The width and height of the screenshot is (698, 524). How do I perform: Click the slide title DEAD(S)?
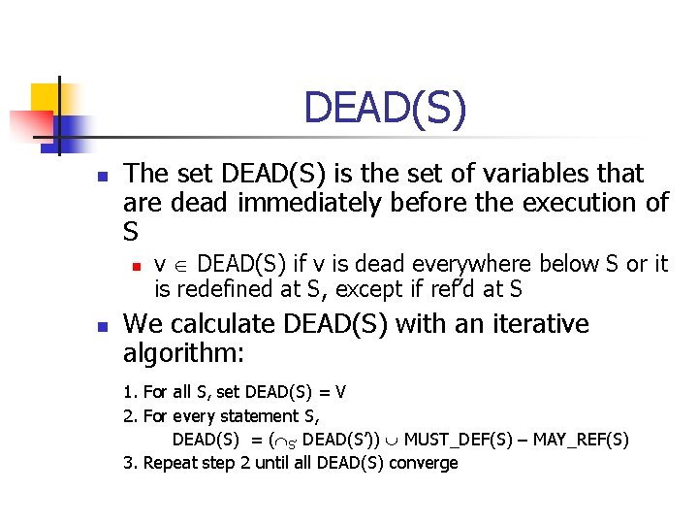coord(385,108)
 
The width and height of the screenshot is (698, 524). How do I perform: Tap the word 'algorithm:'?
coord(183,352)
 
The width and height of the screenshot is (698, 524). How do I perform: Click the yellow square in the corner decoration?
coord(47,98)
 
